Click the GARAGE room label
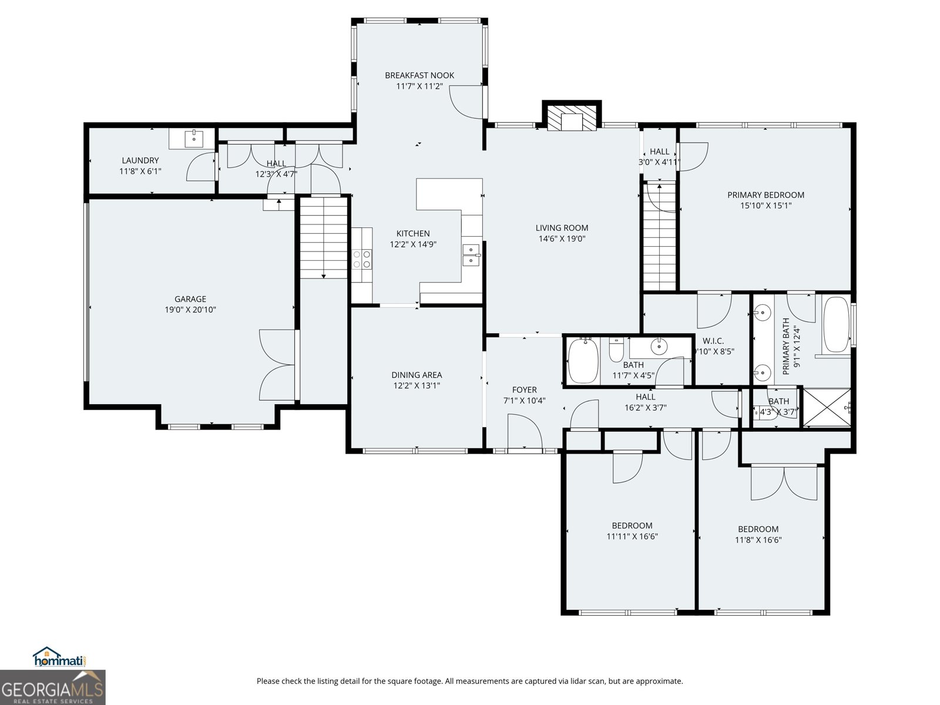(190, 299)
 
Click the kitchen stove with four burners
(362, 259)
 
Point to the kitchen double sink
(471, 255)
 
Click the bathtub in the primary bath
(835, 325)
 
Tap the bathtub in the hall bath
(583, 360)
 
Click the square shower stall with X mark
(826, 407)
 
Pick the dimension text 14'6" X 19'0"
(562, 239)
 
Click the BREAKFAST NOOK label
(419, 75)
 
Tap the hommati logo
(59, 658)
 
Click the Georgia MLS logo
(52, 687)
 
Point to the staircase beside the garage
(324, 238)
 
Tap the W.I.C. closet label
(713, 341)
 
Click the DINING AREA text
(417, 375)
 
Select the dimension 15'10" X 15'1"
(766, 206)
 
